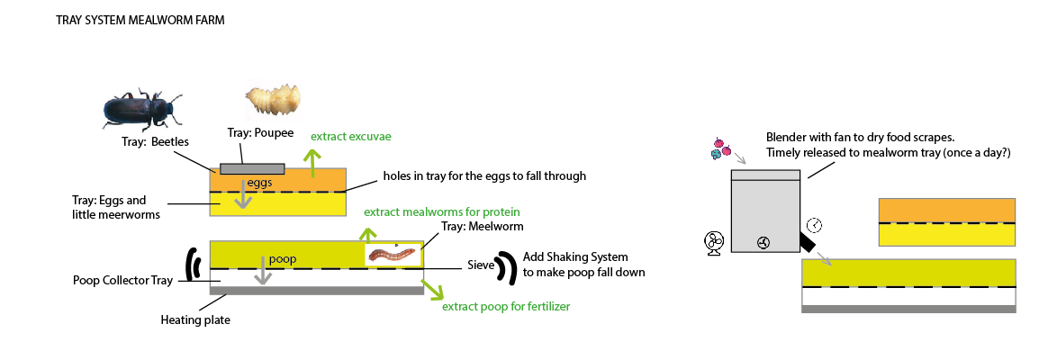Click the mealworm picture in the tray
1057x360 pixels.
[x=393, y=255]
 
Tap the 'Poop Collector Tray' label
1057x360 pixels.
[x=122, y=280]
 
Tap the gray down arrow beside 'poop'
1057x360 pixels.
[x=262, y=270]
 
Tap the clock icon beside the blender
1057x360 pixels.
[x=814, y=225]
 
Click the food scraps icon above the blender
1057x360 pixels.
[x=718, y=148]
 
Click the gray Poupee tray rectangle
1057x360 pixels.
[x=252, y=168]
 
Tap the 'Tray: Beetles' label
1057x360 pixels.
[x=155, y=141]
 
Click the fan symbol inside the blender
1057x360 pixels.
[x=763, y=242]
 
